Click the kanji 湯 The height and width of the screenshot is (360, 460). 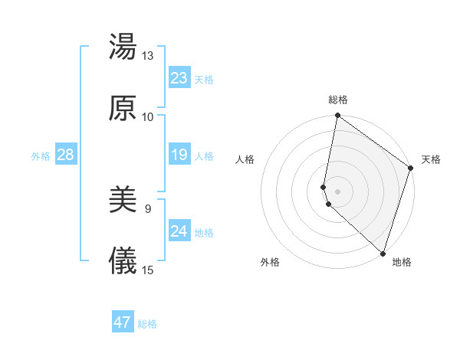pos(123,47)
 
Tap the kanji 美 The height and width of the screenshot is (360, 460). pos(123,201)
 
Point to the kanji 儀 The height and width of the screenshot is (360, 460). pos(123,261)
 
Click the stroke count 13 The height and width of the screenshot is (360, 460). pos(147,56)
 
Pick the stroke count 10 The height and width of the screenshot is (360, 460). pos(147,116)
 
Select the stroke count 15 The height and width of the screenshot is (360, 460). pos(147,270)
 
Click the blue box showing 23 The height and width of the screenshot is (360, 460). pos(179,78)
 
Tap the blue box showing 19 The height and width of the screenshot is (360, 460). pos(179,155)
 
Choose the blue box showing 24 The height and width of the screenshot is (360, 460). pos(179,231)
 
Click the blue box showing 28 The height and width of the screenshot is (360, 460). pos(65,155)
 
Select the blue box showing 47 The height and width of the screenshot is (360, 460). pos(123,322)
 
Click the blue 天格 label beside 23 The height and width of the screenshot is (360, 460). pos(204,79)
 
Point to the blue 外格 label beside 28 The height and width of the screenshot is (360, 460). pos(41,155)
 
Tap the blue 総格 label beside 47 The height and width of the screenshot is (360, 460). pos(147,323)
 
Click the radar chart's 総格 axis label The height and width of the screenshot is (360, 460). pos(338,100)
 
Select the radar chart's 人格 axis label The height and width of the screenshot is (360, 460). pos(245,159)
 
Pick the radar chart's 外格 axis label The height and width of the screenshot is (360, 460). pos(270,262)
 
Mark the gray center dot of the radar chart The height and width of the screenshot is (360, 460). pos(338,191)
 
